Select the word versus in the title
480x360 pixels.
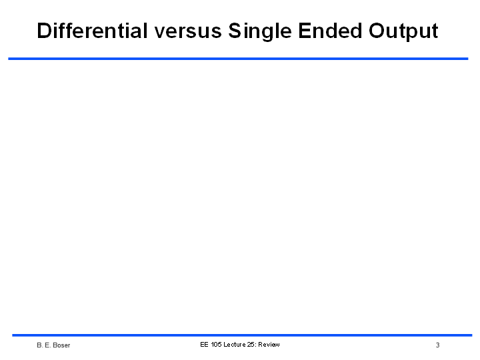[x=187, y=32]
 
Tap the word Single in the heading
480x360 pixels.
[x=260, y=32]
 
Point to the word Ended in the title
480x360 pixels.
[x=330, y=31]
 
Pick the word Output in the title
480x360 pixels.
[x=403, y=32]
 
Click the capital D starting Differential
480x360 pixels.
[x=44, y=31]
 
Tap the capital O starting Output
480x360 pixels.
[x=377, y=31]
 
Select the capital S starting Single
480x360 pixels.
[x=235, y=31]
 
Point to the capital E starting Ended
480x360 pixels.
[x=305, y=31]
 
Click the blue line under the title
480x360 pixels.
[x=238, y=59]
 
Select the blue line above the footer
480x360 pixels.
[x=242, y=335]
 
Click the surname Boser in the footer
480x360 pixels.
[x=61, y=345]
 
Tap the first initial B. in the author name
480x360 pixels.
[x=39, y=345]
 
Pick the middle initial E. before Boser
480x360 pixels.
[x=47, y=345]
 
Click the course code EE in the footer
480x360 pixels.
[x=204, y=345]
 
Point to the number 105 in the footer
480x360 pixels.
[x=216, y=345]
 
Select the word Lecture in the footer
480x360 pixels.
[x=235, y=345]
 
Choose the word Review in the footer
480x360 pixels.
[x=269, y=345]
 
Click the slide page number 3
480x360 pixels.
[x=438, y=345]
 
